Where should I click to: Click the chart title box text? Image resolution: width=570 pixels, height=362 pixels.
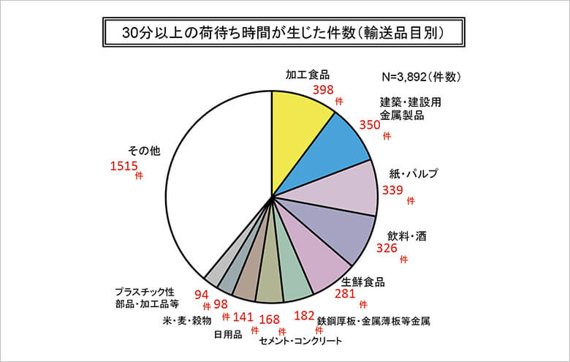(284, 33)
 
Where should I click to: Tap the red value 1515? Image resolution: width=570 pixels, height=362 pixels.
(123, 167)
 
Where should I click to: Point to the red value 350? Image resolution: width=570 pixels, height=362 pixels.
(370, 125)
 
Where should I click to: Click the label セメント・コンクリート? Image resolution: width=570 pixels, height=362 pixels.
(300, 341)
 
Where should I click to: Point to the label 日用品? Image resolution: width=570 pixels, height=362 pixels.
(228, 336)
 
